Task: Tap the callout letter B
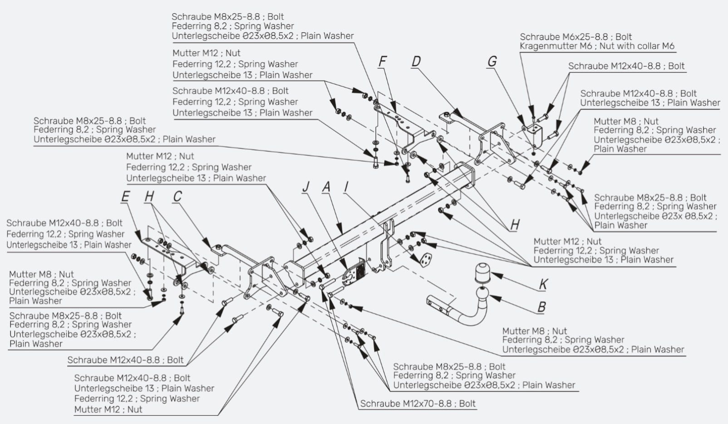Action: [541, 307]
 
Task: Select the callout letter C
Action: [177, 197]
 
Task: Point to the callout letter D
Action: [416, 61]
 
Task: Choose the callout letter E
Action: [125, 197]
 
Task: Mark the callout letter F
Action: [383, 61]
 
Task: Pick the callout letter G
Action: [492, 61]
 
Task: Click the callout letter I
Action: [346, 187]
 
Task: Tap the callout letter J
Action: [306, 187]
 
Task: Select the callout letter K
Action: [543, 284]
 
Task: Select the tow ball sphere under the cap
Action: [482, 294]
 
